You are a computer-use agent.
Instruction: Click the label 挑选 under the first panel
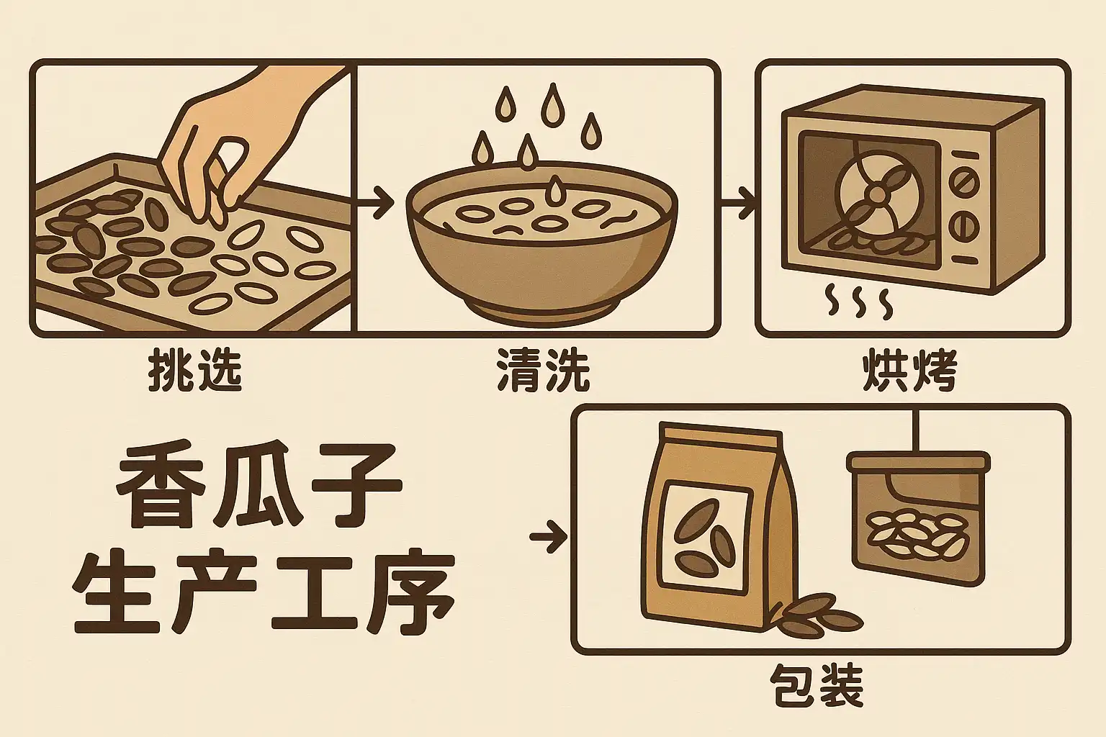point(196,370)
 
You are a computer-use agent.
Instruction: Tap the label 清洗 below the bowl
point(544,370)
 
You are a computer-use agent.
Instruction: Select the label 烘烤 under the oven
point(910,370)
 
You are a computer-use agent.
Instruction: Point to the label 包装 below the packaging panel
point(817,687)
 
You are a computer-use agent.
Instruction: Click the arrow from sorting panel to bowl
point(374,202)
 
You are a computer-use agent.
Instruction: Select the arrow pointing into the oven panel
point(737,202)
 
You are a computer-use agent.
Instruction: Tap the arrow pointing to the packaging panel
point(549,536)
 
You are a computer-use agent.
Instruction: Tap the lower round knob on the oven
point(963,227)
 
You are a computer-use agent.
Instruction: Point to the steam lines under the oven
point(859,300)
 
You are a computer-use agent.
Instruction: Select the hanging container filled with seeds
point(918,518)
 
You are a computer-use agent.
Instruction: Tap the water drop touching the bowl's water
point(557,191)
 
